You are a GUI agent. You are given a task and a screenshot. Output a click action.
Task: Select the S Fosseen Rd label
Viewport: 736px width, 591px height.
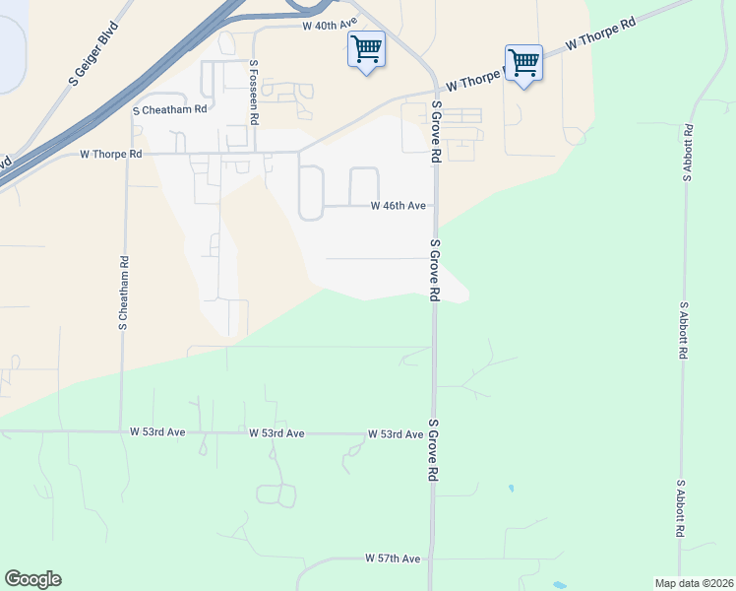click(254, 92)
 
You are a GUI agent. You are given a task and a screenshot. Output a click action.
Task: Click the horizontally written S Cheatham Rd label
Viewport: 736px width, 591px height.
click(169, 110)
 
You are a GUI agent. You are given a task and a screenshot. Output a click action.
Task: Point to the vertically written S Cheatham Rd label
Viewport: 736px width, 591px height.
click(124, 293)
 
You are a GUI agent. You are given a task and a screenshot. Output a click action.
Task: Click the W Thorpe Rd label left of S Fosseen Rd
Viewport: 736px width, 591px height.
click(110, 155)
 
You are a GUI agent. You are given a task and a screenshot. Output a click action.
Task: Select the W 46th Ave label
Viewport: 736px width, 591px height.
click(398, 206)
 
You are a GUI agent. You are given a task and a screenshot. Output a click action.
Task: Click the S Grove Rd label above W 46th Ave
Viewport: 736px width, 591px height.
click(435, 130)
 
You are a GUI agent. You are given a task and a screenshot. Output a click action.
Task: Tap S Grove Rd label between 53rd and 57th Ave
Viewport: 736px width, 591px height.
click(431, 451)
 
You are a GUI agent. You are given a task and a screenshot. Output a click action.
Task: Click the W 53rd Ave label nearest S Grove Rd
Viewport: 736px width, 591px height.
click(395, 434)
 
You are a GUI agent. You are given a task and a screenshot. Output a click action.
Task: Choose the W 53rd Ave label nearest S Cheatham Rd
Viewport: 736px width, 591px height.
click(157, 432)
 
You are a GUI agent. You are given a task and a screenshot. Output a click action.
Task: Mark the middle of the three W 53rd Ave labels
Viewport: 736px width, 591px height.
click(276, 433)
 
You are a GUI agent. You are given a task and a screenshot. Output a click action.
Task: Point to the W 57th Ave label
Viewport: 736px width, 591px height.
click(393, 558)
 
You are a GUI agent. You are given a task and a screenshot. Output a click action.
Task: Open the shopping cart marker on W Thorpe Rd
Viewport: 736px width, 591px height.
click(523, 63)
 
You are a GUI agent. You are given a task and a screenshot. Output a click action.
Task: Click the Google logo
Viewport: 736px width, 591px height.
click(32, 579)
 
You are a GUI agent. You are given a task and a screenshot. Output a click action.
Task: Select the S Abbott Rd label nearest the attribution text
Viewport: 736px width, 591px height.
click(681, 508)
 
